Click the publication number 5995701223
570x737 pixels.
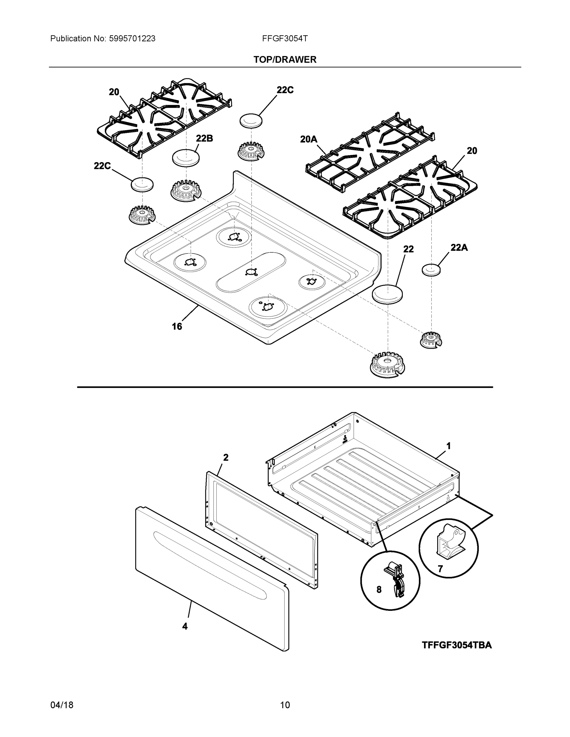point(132,39)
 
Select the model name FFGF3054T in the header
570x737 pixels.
point(285,39)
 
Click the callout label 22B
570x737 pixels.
point(204,138)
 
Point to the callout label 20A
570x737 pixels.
point(309,139)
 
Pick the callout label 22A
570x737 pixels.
point(459,248)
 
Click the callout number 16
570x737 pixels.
point(177,326)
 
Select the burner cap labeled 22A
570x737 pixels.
point(431,270)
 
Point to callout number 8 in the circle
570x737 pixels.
point(379,590)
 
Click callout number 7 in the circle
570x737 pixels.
point(440,569)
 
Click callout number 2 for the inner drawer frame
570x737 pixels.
point(226,458)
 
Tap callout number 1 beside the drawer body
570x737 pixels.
point(448,446)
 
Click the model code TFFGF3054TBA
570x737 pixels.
point(457,645)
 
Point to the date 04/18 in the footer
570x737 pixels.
point(62,705)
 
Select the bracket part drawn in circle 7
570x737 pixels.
point(449,544)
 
